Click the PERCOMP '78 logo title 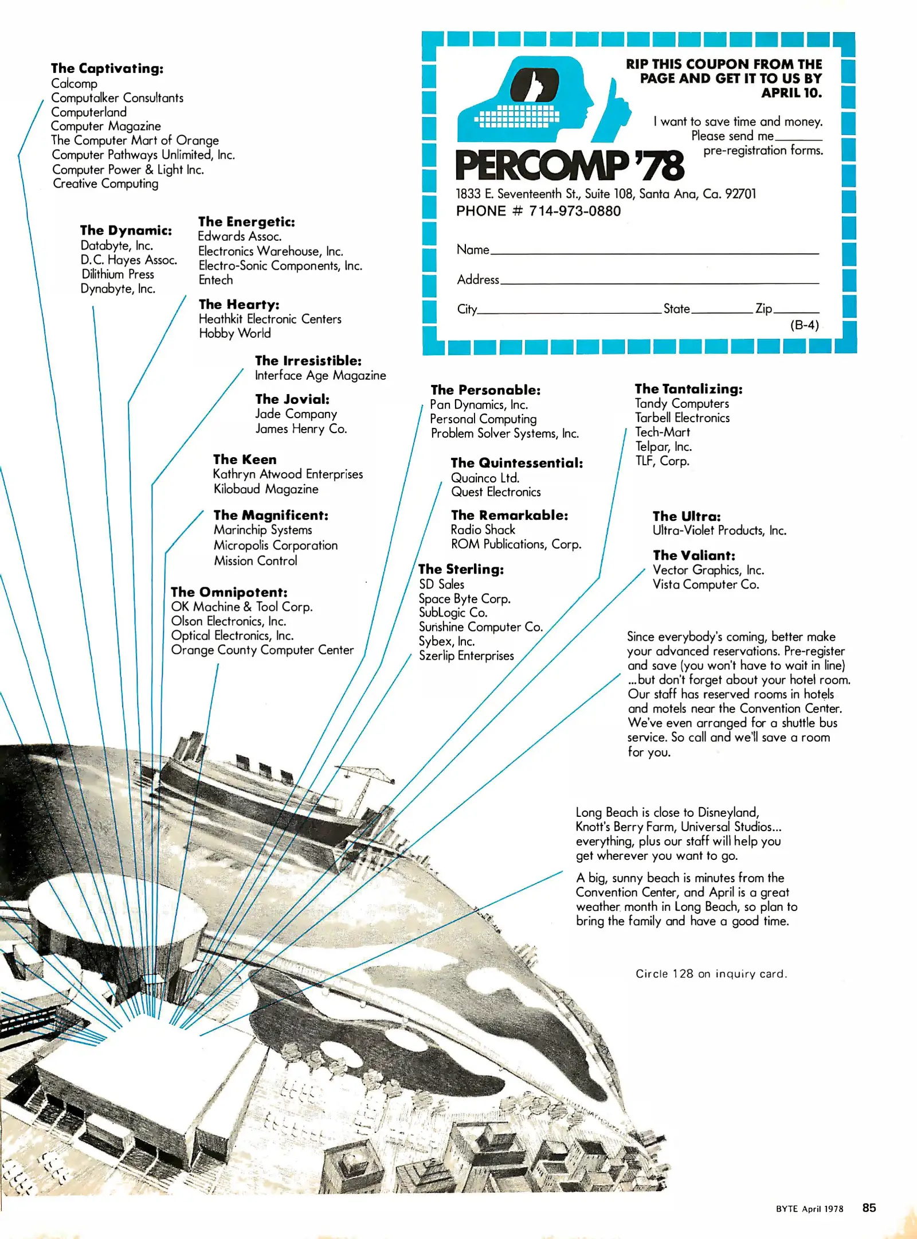coord(570,165)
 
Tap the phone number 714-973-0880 coord(574,211)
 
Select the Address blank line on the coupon coord(659,282)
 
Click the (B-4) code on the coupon coord(805,325)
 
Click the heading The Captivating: coord(107,69)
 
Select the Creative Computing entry coord(105,184)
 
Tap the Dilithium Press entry coord(117,274)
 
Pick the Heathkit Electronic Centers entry coord(270,319)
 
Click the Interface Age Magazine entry coord(320,375)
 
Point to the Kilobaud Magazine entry coord(266,489)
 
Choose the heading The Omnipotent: coord(229,592)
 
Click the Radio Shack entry coord(483,529)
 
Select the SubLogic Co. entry coord(453,613)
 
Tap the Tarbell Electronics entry coord(682,418)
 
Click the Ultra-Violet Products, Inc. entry coord(719,531)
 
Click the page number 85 coord(869,1207)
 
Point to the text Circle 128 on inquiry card coord(711,973)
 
